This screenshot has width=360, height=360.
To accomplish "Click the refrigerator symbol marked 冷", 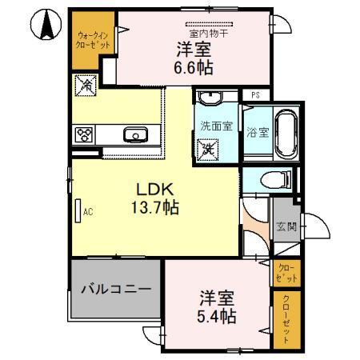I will click(84, 82).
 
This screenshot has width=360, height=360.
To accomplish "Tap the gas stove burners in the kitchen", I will click(85, 134).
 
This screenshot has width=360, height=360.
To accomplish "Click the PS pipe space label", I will click(255, 95).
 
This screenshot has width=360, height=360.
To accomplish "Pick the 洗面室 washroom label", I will click(215, 125).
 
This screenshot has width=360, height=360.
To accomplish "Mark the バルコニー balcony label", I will click(115, 288).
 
